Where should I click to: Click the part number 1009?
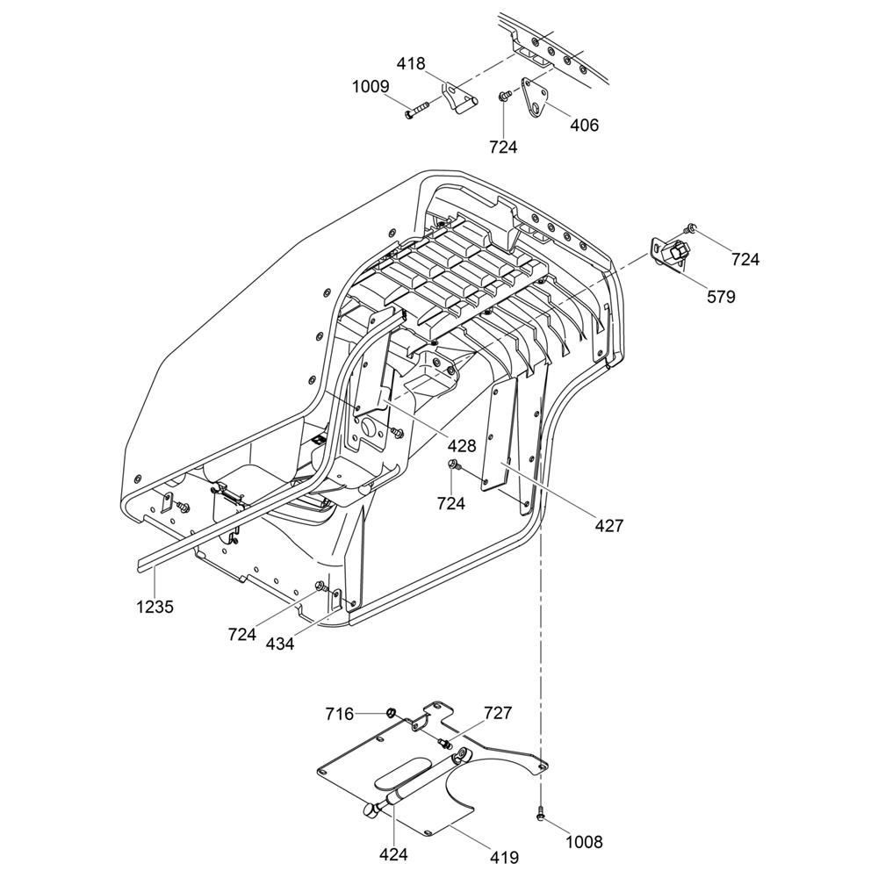[371, 87]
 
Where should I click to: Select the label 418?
[411, 64]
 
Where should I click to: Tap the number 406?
[584, 125]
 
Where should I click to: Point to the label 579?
[721, 297]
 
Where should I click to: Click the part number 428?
[462, 446]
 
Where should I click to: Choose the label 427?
[608, 526]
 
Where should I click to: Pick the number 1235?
[155, 607]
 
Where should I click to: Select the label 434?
[279, 644]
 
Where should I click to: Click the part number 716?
[339, 715]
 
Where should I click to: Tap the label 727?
[497, 713]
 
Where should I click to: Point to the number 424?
[393, 854]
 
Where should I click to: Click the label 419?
[504, 857]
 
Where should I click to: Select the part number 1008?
[584, 842]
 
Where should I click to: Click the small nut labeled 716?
[391, 712]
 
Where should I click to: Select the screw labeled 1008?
[540, 811]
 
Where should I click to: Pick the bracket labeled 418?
[459, 98]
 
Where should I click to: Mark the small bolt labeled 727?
[445, 743]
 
